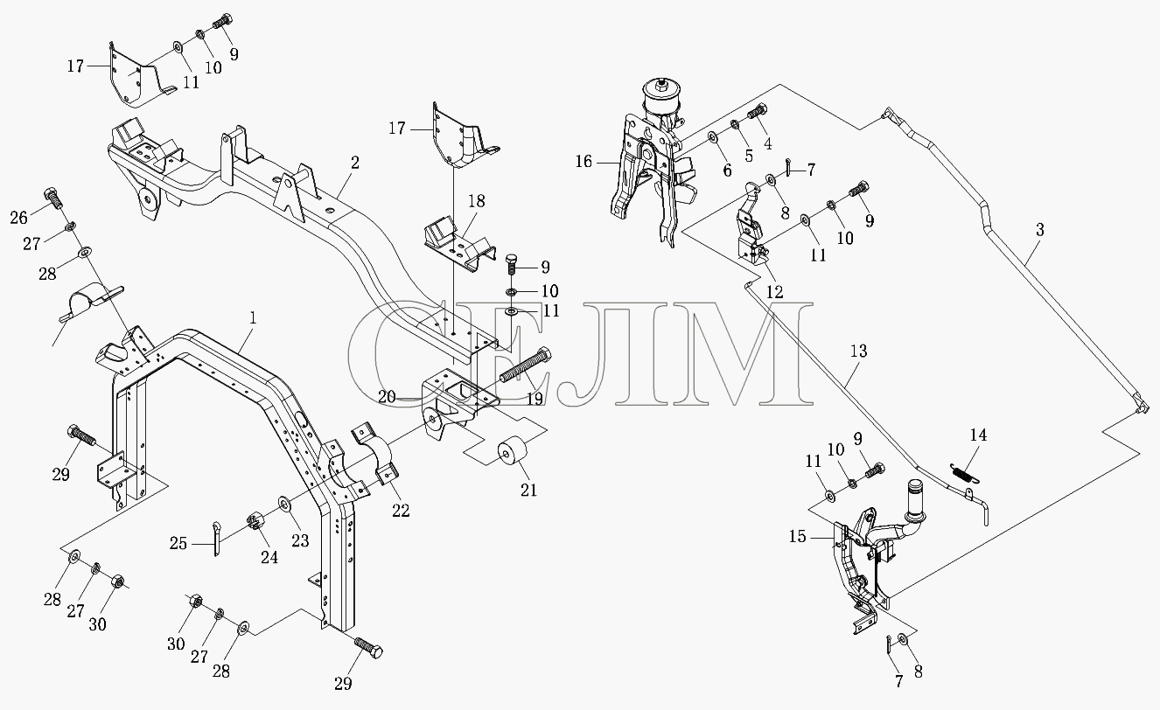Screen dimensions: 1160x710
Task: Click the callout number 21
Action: click(x=528, y=490)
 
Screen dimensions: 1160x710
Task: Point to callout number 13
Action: click(x=858, y=351)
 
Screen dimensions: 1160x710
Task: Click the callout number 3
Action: click(x=1040, y=230)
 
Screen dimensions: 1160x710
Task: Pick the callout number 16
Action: click(x=583, y=162)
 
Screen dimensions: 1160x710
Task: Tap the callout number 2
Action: click(x=354, y=163)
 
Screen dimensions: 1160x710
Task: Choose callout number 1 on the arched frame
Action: click(x=253, y=317)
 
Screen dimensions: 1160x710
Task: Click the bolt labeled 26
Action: click(x=54, y=197)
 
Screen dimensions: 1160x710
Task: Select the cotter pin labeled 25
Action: click(x=216, y=539)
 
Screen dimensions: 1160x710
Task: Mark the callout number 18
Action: click(x=477, y=201)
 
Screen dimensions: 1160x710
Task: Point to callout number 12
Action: click(x=775, y=292)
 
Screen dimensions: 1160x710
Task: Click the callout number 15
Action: click(x=798, y=537)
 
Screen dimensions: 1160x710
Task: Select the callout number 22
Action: click(x=401, y=511)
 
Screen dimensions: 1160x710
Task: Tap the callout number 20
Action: click(x=387, y=397)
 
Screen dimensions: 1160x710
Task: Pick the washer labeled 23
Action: click(x=283, y=503)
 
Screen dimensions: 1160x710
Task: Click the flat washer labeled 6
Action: click(x=712, y=137)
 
